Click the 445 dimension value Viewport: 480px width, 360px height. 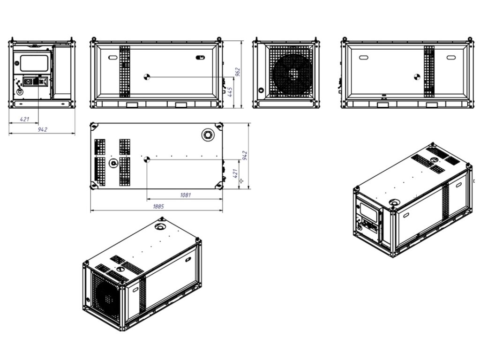click(x=230, y=92)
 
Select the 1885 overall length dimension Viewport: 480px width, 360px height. click(x=156, y=207)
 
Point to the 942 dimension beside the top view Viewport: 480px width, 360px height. click(x=244, y=155)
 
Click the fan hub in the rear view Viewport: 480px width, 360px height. click(x=293, y=74)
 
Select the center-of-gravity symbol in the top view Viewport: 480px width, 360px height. click(x=146, y=159)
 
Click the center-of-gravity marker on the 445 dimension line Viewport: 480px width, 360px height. click(x=146, y=76)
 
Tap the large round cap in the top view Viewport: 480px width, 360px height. click(x=207, y=135)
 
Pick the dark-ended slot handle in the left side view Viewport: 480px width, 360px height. click(x=200, y=58)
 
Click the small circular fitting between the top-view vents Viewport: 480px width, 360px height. click(x=112, y=163)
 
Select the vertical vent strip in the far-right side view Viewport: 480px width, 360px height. click(x=429, y=73)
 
